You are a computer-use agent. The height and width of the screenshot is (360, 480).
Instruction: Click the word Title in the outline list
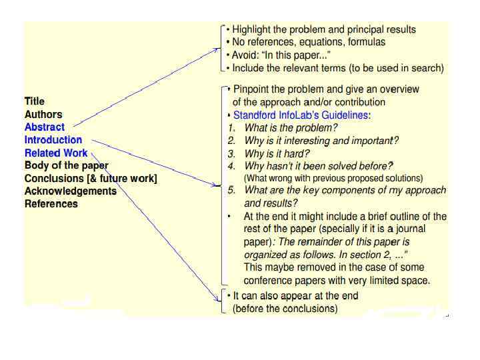point(35,101)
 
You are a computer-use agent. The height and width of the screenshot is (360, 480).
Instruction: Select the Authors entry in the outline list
point(43,114)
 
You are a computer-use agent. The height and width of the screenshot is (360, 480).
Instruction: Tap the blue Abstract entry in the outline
point(45,127)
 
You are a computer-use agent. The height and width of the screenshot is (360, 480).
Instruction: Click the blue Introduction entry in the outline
point(53,140)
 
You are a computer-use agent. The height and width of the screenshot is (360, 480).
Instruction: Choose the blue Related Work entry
point(56,153)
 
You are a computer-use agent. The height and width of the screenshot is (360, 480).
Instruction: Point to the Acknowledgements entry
point(71,191)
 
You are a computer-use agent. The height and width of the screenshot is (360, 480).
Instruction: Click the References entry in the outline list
point(51,204)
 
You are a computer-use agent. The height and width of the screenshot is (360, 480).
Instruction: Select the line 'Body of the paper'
point(66,165)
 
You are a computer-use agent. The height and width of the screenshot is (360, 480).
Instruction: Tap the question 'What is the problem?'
point(291,127)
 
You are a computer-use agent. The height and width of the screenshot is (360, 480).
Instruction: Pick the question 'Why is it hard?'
point(277,153)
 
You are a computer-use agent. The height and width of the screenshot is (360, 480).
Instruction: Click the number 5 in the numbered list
point(231,191)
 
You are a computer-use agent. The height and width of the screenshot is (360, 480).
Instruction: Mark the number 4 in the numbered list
point(231,166)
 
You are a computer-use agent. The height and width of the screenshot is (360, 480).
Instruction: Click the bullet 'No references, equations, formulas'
point(309,42)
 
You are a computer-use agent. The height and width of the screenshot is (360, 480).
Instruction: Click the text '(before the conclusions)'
point(285,309)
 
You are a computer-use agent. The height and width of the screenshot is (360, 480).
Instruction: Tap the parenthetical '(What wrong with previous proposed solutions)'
point(333,178)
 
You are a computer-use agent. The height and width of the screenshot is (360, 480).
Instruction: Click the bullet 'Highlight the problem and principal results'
point(324,29)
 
